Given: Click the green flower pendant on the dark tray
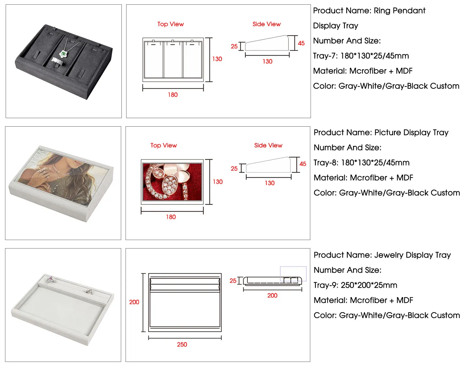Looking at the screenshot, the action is pyautogui.click(x=64, y=54).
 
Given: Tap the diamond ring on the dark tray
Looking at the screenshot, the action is pyautogui.click(x=57, y=61).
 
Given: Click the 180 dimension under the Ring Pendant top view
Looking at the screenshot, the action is pyautogui.click(x=173, y=95).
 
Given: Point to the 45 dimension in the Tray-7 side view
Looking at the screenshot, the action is pyautogui.click(x=301, y=43).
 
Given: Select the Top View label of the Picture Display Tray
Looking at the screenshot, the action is pyautogui.click(x=164, y=145).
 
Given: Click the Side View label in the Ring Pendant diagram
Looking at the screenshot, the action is pyautogui.click(x=267, y=24).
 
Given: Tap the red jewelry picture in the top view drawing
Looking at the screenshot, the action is pyautogui.click(x=172, y=182).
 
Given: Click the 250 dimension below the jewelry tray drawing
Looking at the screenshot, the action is pyautogui.click(x=182, y=344).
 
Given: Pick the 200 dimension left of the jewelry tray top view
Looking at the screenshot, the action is pyautogui.click(x=134, y=302).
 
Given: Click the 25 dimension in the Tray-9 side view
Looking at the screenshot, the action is pyautogui.click(x=233, y=281).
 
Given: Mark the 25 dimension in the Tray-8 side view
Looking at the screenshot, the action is pyautogui.click(x=234, y=168).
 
